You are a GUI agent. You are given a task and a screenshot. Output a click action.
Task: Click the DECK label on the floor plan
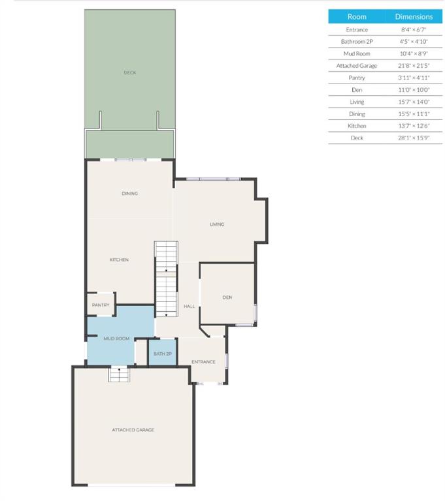point(129,72)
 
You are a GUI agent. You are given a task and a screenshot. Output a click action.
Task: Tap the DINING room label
point(129,193)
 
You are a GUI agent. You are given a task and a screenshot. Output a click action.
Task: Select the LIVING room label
point(217,224)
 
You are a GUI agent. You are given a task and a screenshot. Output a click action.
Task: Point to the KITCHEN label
point(119,260)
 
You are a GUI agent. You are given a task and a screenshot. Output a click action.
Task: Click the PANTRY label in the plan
point(101,305)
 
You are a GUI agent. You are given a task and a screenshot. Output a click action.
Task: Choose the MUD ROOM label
point(116,339)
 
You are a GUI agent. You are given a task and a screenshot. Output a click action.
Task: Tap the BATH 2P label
point(163,354)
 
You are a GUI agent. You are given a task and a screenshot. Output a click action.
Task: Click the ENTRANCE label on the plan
point(203,361)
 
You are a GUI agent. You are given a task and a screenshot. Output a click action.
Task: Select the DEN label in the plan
point(227,297)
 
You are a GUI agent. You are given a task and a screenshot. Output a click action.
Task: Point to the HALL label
point(190,306)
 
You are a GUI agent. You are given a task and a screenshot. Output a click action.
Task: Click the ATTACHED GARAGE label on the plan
point(133,430)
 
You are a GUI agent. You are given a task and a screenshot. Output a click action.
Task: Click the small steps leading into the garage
point(119,374)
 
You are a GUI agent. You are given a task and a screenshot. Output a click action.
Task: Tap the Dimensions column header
point(414,16)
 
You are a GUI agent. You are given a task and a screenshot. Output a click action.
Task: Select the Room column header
point(357,16)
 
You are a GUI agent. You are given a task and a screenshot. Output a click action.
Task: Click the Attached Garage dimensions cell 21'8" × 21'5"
point(414,65)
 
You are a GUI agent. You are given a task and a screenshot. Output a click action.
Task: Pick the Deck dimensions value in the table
point(414,138)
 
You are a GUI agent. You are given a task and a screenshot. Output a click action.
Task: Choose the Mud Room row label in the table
point(357,53)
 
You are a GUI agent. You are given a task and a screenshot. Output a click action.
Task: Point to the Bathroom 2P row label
point(357,42)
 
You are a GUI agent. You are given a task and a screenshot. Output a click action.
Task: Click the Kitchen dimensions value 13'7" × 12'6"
point(414,126)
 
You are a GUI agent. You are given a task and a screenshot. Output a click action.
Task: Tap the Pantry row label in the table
point(357,78)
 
